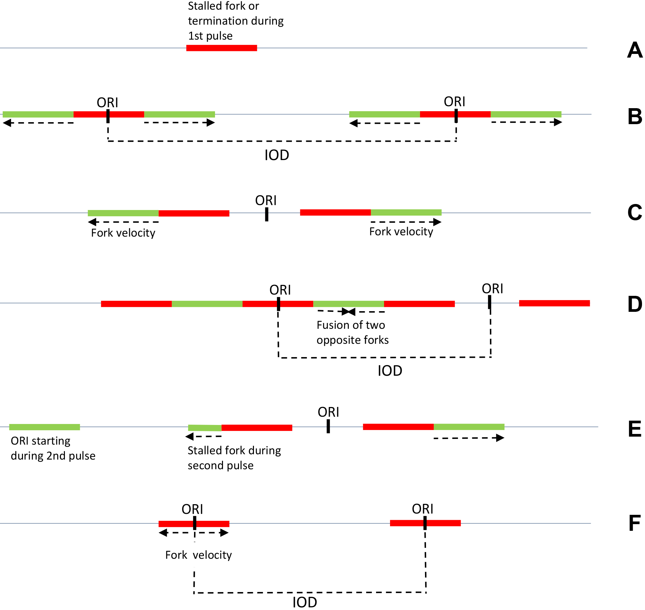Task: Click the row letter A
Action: [635, 50]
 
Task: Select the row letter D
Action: [635, 304]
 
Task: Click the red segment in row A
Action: [222, 48]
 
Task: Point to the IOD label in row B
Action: [277, 155]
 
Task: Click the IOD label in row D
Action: [390, 371]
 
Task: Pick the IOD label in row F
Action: [305, 602]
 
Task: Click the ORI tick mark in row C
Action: [267, 214]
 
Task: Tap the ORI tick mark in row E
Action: [328, 426]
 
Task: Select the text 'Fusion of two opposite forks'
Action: [353, 332]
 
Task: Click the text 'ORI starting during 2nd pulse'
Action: [53, 448]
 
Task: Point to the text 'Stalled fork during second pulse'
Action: [234, 458]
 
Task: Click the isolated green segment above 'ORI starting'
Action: [45, 427]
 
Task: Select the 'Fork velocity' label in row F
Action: [199, 555]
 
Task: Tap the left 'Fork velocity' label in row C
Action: [123, 233]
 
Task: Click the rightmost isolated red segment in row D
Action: [554, 303]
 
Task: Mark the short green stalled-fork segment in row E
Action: [205, 428]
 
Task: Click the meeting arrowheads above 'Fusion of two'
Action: [348, 312]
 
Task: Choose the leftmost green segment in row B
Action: [38, 114]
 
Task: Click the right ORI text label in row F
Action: [423, 509]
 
